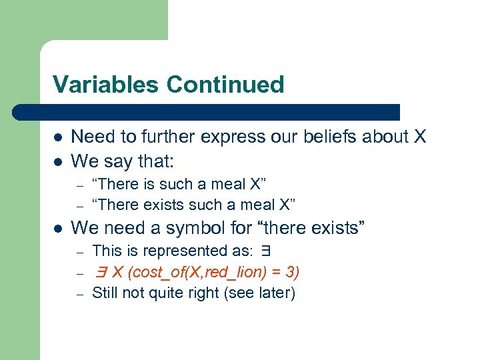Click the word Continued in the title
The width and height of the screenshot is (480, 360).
click(x=225, y=85)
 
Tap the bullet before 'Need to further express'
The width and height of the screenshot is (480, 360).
click(x=58, y=137)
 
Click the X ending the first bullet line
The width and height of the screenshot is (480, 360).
click(x=419, y=137)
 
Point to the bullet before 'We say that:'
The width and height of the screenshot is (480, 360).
click(x=58, y=161)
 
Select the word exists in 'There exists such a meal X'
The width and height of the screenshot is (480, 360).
click(x=159, y=205)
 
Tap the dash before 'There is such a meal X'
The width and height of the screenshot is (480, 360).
click(x=79, y=185)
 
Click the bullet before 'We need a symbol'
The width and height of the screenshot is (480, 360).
click(x=58, y=229)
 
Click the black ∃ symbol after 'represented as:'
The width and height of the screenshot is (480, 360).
click(x=266, y=251)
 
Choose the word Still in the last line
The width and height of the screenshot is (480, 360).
click(x=105, y=293)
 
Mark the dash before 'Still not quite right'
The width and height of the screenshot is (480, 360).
click(x=79, y=293)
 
